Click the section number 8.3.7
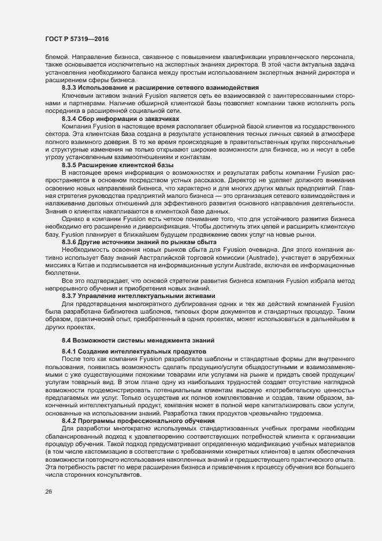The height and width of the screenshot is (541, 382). point(70,296)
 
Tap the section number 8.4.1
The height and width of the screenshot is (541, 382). point(70,351)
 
